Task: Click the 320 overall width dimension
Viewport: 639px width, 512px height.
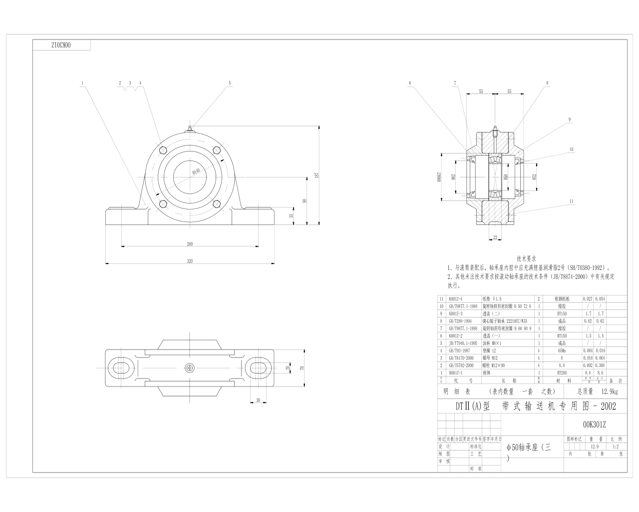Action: point(190,261)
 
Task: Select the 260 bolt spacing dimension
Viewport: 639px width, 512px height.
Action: point(190,244)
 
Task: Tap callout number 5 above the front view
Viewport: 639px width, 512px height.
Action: point(230,82)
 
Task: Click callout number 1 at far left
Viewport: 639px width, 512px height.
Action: point(82,82)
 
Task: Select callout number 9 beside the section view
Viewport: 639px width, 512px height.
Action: point(569,119)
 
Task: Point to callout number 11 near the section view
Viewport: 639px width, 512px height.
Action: point(571,201)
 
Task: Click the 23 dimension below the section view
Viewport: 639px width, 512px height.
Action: point(495,237)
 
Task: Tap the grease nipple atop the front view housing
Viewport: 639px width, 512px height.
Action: point(190,129)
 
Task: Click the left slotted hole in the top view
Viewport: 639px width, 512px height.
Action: point(121,367)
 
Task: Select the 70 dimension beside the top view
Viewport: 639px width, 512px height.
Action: point(302,367)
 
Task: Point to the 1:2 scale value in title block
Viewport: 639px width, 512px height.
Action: point(615,446)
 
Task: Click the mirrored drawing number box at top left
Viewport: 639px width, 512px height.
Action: point(61,45)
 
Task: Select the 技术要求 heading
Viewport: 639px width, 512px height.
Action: point(526,259)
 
